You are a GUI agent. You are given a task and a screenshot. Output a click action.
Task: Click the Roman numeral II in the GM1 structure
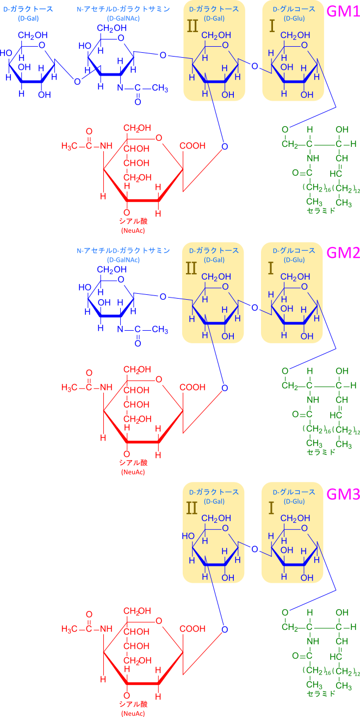pyautogui.click(x=193, y=26)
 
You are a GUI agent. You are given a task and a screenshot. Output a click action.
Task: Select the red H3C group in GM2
pyautogui.click(x=71, y=388)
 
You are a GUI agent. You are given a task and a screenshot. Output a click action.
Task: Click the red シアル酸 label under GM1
pyautogui.click(x=133, y=221)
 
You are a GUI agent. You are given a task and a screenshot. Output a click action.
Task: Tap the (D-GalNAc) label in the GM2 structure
pyautogui.click(x=123, y=260)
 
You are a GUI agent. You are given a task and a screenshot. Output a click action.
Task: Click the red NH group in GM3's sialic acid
pyautogui.click(x=105, y=629)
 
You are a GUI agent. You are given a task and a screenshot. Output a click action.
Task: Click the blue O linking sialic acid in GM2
pyautogui.click(x=225, y=388)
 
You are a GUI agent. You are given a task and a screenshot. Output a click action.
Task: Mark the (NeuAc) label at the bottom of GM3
pyautogui.click(x=133, y=713)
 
